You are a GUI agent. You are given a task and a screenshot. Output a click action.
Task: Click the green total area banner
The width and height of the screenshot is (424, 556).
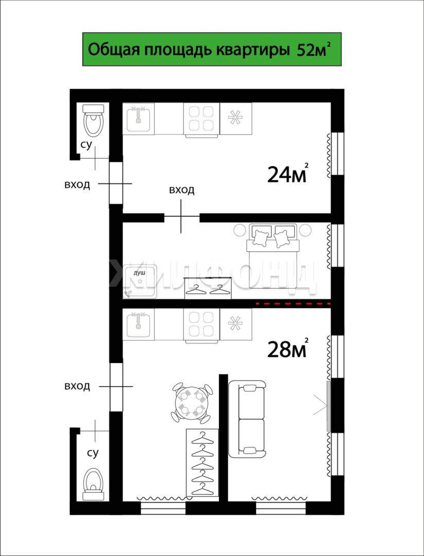click(x=212, y=49)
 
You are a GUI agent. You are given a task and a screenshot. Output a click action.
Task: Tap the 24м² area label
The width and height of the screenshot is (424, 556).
click(x=287, y=173)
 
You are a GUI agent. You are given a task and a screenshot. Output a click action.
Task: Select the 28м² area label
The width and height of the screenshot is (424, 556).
click(x=287, y=349)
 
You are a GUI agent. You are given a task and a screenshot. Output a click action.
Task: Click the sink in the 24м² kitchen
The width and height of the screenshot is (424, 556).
click(x=139, y=118)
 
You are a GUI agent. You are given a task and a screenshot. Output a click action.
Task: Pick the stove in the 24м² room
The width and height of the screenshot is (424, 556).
click(x=201, y=119)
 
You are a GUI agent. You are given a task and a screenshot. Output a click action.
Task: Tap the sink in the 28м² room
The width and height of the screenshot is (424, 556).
click(x=139, y=324)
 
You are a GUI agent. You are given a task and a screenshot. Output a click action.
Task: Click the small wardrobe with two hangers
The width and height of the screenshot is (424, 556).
click(x=208, y=288)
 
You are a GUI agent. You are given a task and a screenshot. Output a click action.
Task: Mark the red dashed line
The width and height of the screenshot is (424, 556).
click(x=294, y=304)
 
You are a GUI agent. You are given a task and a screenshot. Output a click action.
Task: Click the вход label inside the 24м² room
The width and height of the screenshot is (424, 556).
click(x=182, y=190)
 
